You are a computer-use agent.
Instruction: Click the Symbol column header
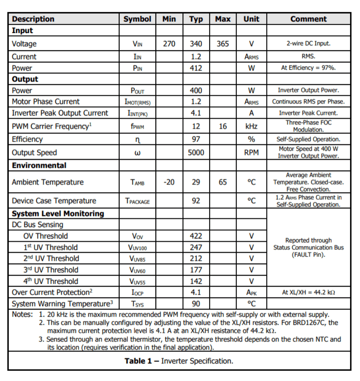point(137,19)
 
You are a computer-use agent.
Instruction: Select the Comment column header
point(308,19)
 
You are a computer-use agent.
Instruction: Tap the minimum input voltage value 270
point(169,44)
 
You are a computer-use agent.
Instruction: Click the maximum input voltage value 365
point(223,44)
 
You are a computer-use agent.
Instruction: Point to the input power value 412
point(196,68)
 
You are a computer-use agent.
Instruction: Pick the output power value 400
point(196,90)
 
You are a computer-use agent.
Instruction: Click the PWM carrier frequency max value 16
point(223,126)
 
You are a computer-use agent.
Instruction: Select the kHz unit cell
point(251,126)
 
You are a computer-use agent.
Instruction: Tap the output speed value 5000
point(196,153)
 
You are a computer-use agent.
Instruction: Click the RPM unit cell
point(251,153)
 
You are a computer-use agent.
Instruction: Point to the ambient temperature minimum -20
point(169,182)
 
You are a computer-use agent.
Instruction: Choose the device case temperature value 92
point(196,201)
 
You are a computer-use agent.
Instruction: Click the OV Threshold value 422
point(196,236)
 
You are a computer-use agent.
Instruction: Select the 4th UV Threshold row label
point(51,281)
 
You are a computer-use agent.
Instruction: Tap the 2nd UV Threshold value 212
point(196,259)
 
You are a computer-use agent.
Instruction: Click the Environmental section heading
point(39,166)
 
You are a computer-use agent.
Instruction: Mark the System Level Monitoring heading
point(58,213)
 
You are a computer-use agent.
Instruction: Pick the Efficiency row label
point(27,139)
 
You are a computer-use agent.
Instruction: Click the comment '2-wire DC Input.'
point(308,44)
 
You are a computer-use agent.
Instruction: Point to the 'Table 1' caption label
point(138,361)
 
